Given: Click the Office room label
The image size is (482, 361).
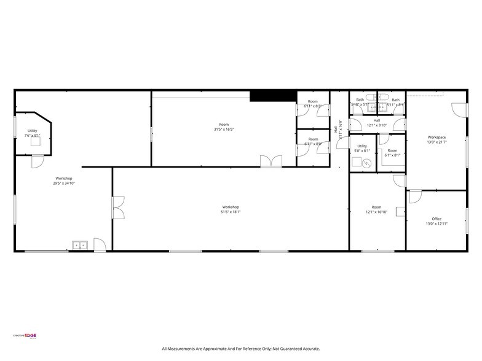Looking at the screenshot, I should tap(437, 219).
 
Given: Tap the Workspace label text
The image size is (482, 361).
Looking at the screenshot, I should tap(437, 137).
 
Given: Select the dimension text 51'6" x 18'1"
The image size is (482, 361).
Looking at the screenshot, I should tap(231, 212).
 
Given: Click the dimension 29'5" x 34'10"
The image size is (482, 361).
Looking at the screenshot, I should tap(63, 184).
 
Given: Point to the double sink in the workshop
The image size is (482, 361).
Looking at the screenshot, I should tap(80, 246).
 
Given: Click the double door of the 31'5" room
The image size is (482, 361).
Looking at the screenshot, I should tap(270, 161).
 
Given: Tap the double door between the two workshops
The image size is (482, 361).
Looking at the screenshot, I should tap(118, 207).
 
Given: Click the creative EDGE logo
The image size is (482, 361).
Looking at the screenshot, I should tap(25, 335).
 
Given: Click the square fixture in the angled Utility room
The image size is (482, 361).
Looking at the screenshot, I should tap(36, 141).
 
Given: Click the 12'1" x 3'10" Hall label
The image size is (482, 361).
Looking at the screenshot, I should tap(376, 123).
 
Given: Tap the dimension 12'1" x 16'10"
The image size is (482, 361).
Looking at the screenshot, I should tap(376, 212).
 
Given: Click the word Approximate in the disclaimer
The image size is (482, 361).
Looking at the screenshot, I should tap(219, 349).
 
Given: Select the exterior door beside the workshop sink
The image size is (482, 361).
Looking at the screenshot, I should tap(99, 244).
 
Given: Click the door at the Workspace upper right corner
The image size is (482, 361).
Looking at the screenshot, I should tap(458, 109).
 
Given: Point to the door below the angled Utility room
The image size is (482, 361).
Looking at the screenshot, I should tap(38, 161).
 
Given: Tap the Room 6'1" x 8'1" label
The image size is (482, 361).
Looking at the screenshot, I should tap(392, 153).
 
